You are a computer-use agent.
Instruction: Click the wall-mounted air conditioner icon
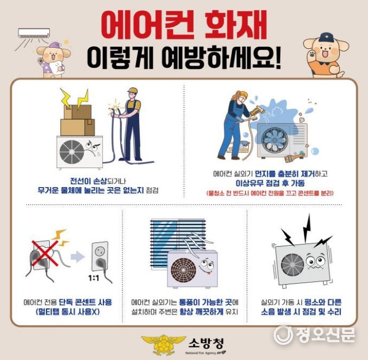coord(34,33)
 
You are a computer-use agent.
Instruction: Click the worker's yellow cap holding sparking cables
coord(133,91)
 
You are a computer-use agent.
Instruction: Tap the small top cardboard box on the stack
coord(78,112)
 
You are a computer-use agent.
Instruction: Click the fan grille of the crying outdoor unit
coord(72,152)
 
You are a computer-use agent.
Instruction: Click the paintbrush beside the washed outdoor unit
coord(294,157)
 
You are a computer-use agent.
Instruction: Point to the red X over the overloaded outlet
coord(45,253)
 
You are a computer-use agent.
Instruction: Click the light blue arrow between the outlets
coord(78,256)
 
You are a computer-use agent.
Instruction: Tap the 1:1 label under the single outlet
coord(94,278)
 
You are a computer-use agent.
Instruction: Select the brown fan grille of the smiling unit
coord(184,270)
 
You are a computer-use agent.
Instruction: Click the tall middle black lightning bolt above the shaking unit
coord(307,228)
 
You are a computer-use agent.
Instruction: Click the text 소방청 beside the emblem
coord(206,344)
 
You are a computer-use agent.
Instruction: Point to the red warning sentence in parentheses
coord(270,193)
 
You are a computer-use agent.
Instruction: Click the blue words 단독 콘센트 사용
coord(85,302)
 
